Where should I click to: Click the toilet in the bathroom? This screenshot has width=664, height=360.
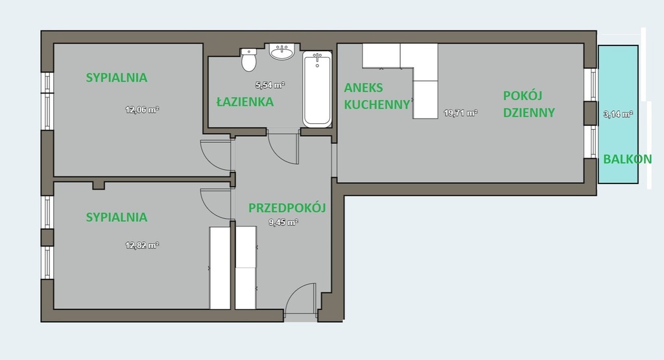coord(248,60)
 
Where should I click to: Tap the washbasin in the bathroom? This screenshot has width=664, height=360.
coord(282,51)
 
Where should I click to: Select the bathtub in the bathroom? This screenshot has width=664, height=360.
coord(317,90)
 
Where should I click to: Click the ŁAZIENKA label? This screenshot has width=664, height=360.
coord(244,102)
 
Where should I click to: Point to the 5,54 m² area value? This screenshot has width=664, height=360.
coord(270,85)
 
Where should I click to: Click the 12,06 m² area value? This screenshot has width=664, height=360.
coord(142,110)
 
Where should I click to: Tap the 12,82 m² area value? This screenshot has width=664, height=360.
coord(142,245)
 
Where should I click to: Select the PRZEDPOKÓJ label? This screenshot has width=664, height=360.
coord(287,208)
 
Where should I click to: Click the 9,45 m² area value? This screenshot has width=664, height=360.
coord(283,222)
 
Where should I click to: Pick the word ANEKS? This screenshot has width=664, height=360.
coord(363,88)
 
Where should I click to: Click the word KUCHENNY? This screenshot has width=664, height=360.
coord(377,104)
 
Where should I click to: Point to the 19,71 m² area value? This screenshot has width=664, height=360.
coord(461,113)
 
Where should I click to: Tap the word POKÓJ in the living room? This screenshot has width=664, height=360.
coord(523,95)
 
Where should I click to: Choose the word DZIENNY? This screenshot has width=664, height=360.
coord(529,113)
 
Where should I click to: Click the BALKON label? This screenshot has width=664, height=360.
coord(627,160)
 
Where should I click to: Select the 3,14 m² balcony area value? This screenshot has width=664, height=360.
coord(618,114)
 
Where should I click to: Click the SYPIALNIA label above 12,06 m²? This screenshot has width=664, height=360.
coord(117,77)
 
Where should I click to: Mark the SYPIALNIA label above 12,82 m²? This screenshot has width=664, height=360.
coord(117,217)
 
